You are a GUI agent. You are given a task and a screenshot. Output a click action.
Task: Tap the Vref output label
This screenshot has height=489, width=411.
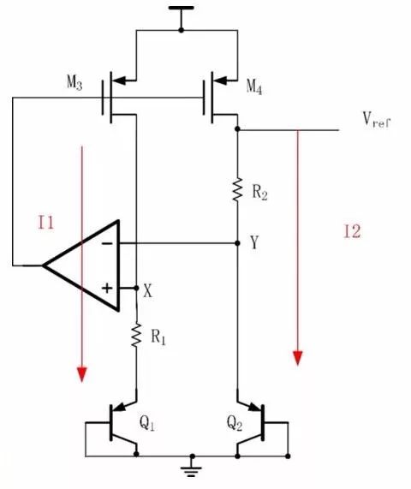[x=376, y=122]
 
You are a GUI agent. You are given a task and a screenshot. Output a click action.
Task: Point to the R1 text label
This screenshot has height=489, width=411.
[x=159, y=337]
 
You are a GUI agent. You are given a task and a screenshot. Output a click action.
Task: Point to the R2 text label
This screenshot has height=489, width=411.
[x=261, y=194]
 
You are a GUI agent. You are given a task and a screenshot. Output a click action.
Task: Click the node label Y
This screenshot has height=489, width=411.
[x=255, y=243]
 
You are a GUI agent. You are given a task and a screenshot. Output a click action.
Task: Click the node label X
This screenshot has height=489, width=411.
[x=149, y=290]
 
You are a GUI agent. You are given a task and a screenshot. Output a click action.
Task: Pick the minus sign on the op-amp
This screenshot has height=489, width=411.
[x=108, y=244]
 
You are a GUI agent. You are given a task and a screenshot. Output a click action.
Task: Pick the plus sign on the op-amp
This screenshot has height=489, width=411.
[x=107, y=289]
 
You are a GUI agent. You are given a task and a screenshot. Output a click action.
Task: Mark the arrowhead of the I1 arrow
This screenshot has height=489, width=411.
[x=82, y=374]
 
